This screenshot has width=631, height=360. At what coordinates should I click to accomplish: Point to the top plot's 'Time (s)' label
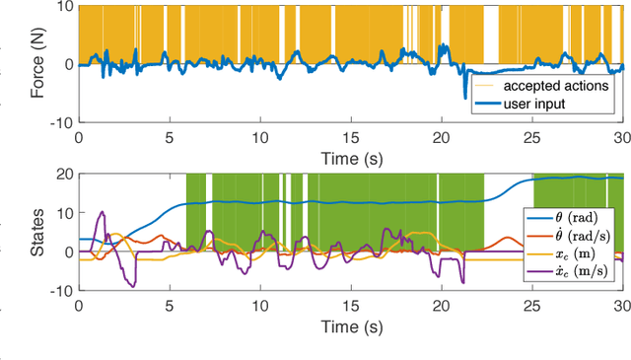[x=350, y=155]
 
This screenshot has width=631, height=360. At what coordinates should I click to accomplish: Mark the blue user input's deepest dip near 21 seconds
[x=466, y=98]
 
